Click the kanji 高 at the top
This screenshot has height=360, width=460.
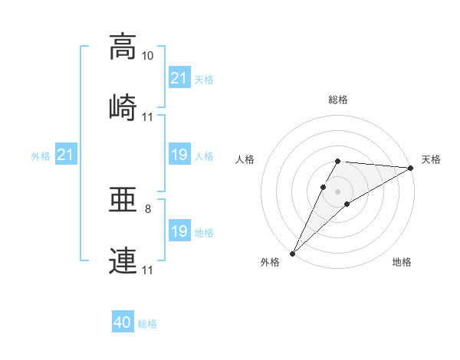123,47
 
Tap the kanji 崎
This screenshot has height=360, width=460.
123,107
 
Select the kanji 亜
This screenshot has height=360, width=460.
123,200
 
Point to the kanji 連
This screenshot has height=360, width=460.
123,260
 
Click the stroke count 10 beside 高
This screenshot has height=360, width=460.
147,56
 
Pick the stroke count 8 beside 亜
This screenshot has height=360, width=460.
148,209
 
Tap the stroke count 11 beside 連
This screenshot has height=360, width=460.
147,270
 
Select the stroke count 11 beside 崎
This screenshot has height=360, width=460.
147,117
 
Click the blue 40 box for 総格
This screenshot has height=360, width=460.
123,321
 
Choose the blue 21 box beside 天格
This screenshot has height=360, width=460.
180,77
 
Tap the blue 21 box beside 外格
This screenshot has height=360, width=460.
66,154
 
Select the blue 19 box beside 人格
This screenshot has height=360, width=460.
180,154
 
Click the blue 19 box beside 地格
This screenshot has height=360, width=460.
180,230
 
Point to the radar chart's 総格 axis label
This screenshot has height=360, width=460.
338,100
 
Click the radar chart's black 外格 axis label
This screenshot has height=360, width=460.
270,262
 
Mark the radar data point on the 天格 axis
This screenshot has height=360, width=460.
411,168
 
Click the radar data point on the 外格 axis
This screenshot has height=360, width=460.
293,254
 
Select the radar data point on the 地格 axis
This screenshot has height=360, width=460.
347,204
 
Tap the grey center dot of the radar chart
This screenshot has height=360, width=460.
337,191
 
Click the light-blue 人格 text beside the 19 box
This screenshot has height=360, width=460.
204,156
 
